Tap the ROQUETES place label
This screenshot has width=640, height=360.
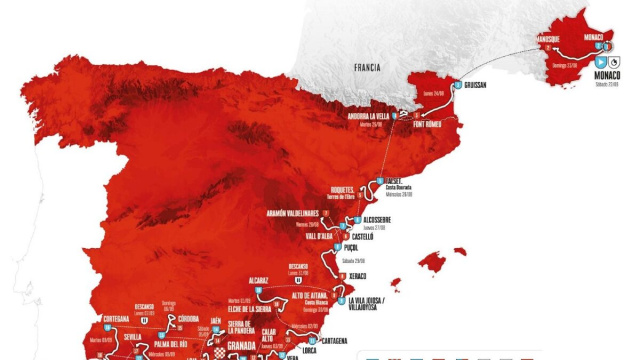click(345, 188)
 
